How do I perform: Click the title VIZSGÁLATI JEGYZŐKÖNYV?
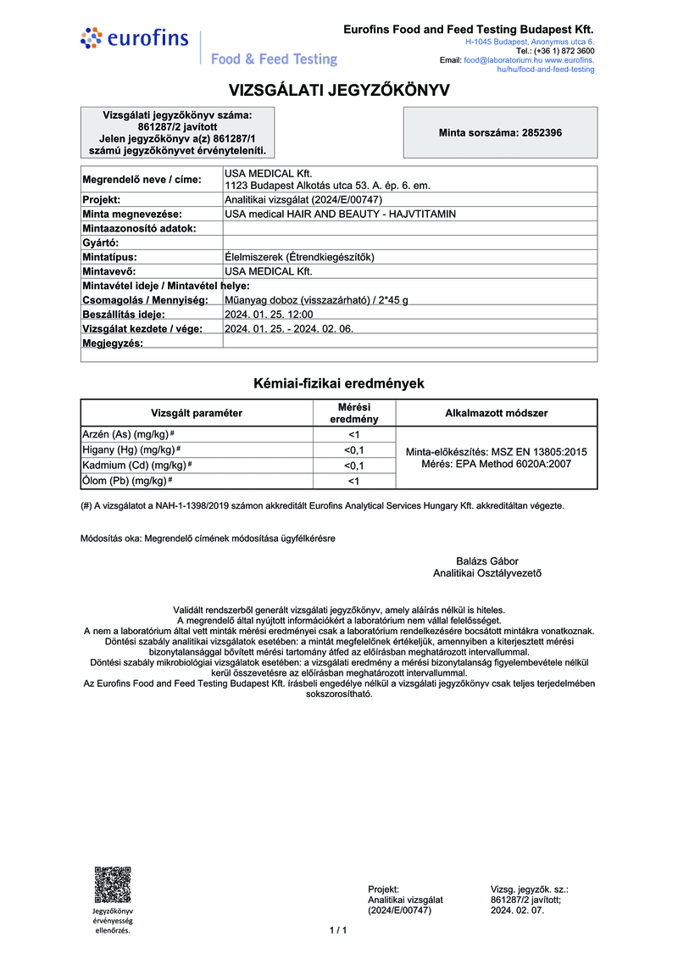click(x=339, y=90)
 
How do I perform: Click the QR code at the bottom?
click(x=112, y=884)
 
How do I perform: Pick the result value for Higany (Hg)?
click(x=353, y=450)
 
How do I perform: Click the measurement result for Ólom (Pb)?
click(x=353, y=481)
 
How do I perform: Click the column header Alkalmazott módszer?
click(x=496, y=413)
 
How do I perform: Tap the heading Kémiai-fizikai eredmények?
click(x=339, y=383)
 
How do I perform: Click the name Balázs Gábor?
click(x=486, y=560)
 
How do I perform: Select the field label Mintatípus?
click(x=109, y=256)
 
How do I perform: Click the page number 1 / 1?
click(x=338, y=930)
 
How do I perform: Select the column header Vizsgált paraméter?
click(x=197, y=413)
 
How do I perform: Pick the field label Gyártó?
click(x=100, y=243)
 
